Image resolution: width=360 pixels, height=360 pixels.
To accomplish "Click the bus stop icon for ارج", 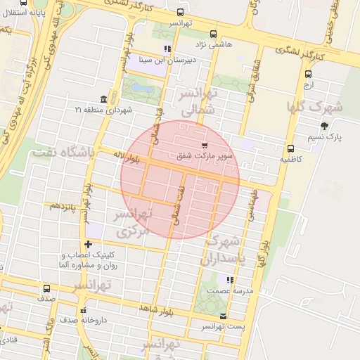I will (x=308, y=73).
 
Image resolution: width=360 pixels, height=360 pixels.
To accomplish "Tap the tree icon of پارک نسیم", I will (x=323, y=127).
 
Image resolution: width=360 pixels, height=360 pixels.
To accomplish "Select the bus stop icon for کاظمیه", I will (x=290, y=148).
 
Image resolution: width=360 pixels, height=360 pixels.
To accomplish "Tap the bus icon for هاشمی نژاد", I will (x=214, y=33).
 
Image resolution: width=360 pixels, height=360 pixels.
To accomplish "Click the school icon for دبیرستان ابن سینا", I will (x=167, y=49).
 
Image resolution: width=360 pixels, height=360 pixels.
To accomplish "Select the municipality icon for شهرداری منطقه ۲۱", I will (x=104, y=98).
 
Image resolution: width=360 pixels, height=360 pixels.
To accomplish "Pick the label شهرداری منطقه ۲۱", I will (x=104, y=110).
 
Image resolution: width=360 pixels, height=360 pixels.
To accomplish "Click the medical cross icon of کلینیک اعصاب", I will (x=87, y=244).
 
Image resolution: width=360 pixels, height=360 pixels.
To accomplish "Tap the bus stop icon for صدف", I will (x=47, y=288).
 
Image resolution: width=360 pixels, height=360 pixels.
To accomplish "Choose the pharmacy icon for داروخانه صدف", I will (x=84, y=310).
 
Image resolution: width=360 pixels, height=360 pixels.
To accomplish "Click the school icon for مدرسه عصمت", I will (x=230, y=280).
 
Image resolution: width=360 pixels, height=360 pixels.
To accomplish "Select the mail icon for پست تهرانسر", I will (x=224, y=316).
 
